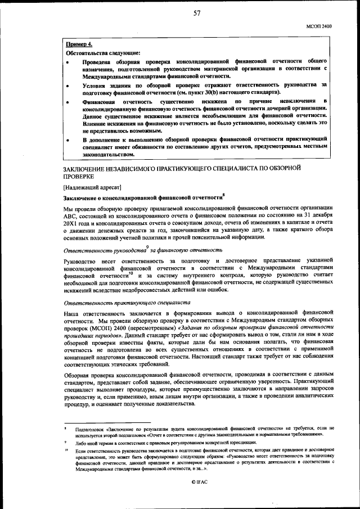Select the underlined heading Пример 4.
tap(79, 44)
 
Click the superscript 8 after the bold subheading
tap(223, 195)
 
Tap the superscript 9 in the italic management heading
tap(147, 247)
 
